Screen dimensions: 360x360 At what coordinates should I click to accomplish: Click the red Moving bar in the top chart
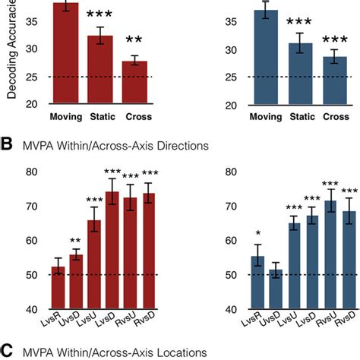point(66,53)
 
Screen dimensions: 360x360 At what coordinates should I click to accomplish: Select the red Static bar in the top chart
point(100,68)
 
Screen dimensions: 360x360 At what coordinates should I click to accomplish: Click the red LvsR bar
point(56,289)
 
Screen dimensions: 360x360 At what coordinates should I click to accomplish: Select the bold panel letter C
point(7,351)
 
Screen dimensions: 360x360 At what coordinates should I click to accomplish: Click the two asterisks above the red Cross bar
point(134,40)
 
